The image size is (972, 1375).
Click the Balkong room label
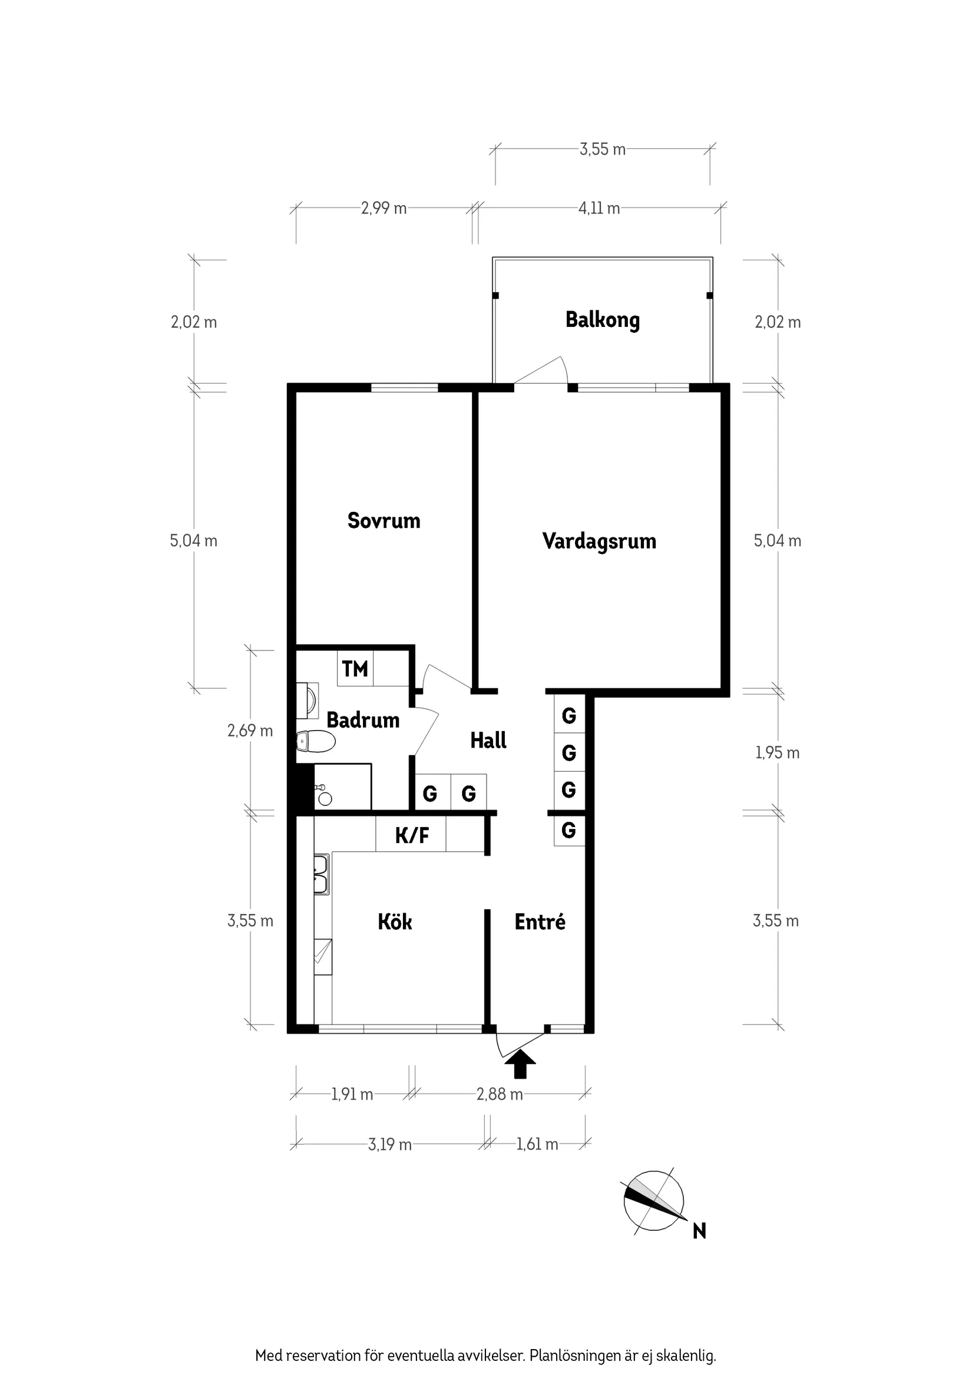603,320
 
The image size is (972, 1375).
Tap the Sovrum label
384,520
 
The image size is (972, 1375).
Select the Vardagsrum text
599,541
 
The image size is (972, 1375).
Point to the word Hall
488,740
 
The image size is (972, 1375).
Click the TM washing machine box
355,668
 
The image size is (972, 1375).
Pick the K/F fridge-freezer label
411,835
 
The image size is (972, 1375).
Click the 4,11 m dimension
599,209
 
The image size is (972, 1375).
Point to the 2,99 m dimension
383,209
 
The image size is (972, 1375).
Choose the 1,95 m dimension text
778,753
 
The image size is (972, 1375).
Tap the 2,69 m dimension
250,731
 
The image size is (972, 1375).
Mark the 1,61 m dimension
537,1145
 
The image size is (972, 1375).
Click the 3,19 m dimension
390,1145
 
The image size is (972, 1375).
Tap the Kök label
395,921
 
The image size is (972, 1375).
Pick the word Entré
540,921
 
